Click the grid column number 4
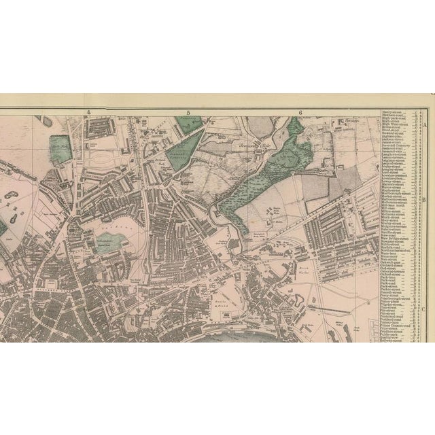pos(88,113)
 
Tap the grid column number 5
pos(189,113)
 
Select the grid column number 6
pos(299,113)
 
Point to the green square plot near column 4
pos(60,149)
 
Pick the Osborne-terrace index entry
pos(395,271)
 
